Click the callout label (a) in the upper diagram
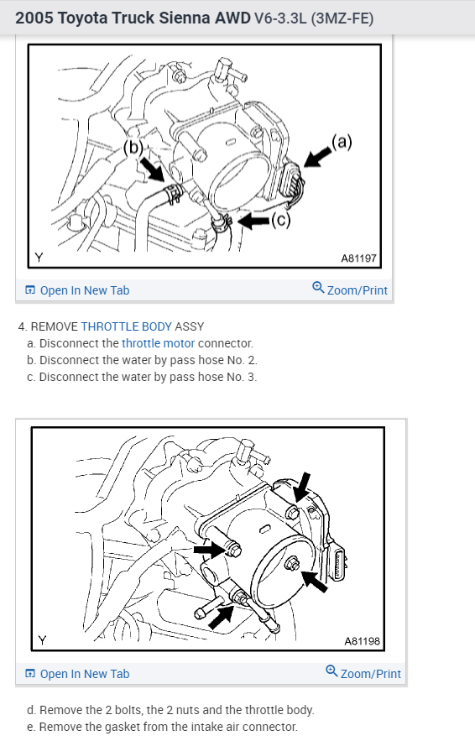pos(342,142)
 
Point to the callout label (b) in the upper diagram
pos(133,148)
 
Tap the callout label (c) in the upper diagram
pos(280,220)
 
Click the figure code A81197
pos(358,258)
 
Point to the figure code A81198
pos(362,641)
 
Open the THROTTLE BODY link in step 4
pos(126,326)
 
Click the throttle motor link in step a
pos(159,343)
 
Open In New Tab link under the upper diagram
pos(77,290)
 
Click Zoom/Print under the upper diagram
pos(350,290)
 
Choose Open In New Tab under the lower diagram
pos(77,673)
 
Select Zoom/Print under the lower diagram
pos(363,672)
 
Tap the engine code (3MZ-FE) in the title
pos(342,18)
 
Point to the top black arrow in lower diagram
pos(302,487)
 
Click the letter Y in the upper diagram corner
pos(39,258)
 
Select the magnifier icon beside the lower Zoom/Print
pos(331,671)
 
